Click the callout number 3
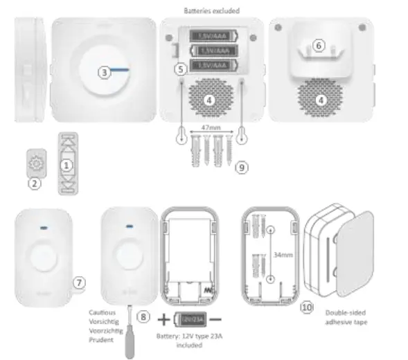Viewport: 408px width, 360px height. pyautogui.click(x=103, y=72)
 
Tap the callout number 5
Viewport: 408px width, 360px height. pyautogui.click(x=181, y=69)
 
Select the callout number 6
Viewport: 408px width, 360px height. pyautogui.click(x=319, y=45)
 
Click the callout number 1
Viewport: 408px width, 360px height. pyautogui.click(x=66, y=165)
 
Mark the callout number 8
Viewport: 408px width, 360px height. pyautogui.click(x=143, y=316)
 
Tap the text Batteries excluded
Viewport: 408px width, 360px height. pyautogui.click(x=211, y=11)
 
